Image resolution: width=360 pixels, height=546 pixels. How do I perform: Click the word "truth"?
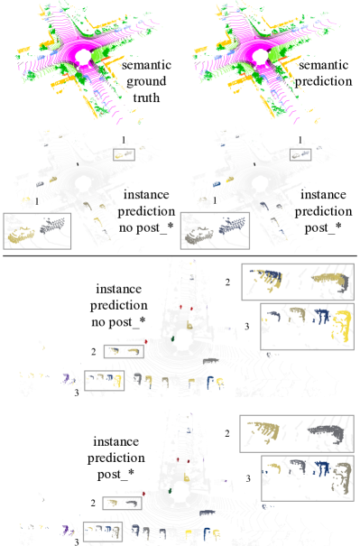(x=146, y=97)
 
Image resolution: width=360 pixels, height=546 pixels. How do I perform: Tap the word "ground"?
(x=146, y=82)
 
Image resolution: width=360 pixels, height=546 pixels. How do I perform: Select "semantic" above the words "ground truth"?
(x=146, y=65)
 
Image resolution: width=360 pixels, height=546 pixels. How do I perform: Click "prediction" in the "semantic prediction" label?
(x=323, y=82)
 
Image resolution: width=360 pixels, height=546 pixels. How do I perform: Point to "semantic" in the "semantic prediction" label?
(x=323, y=65)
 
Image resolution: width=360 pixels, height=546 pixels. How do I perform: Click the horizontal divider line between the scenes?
(x=180, y=256)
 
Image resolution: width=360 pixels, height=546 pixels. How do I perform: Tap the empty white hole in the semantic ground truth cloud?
(x=83, y=56)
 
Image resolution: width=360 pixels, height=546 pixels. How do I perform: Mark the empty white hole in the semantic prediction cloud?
(x=260, y=56)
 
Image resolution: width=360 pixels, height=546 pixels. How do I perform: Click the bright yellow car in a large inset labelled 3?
(x=343, y=326)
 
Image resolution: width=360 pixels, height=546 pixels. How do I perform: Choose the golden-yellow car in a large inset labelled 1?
(x=21, y=235)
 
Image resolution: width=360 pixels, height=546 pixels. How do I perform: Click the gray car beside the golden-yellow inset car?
(x=52, y=226)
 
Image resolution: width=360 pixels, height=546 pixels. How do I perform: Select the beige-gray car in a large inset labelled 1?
(x=198, y=236)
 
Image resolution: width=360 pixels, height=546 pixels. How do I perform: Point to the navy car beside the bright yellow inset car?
(x=321, y=316)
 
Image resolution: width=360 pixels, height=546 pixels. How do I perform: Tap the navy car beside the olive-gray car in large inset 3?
(x=321, y=468)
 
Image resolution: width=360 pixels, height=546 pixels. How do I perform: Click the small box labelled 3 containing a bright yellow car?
(x=104, y=380)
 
